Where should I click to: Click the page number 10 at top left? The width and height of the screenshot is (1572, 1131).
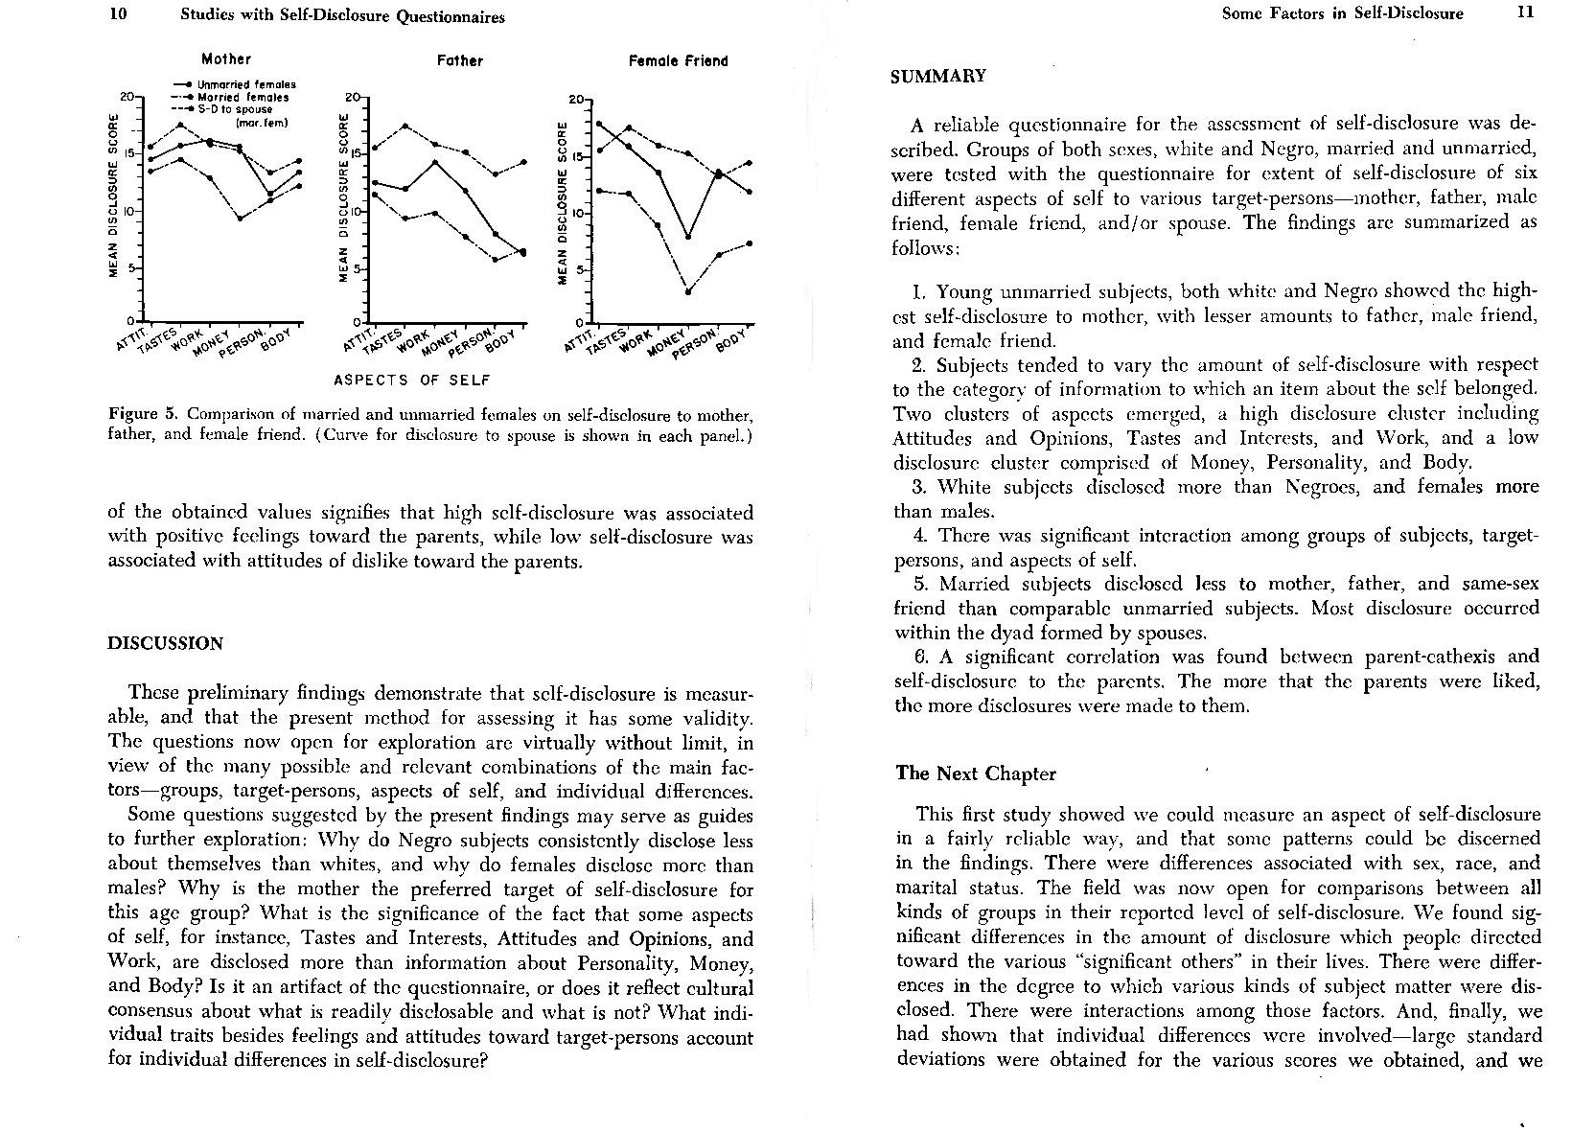[x=119, y=15]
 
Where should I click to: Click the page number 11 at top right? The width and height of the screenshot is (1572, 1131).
[x=1525, y=12]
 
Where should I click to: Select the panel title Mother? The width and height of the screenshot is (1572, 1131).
[x=226, y=59]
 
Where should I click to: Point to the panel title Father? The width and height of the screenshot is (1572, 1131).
[x=460, y=60]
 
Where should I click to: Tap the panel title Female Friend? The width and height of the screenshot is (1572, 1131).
[x=678, y=60]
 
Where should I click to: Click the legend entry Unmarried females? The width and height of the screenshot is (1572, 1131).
[x=245, y=84]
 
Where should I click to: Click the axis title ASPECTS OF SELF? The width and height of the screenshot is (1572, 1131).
[x=412, y=380]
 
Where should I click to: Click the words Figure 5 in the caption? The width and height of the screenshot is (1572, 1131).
[x=145, y=414]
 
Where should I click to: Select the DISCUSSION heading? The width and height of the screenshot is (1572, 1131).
[x=165, y=643]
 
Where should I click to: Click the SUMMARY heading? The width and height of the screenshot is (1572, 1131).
[x=938, y=76]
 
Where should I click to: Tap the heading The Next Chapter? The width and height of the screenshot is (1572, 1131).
[x=976, y=773]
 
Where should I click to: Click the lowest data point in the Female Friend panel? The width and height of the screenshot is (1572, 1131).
[x=688, y=291]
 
